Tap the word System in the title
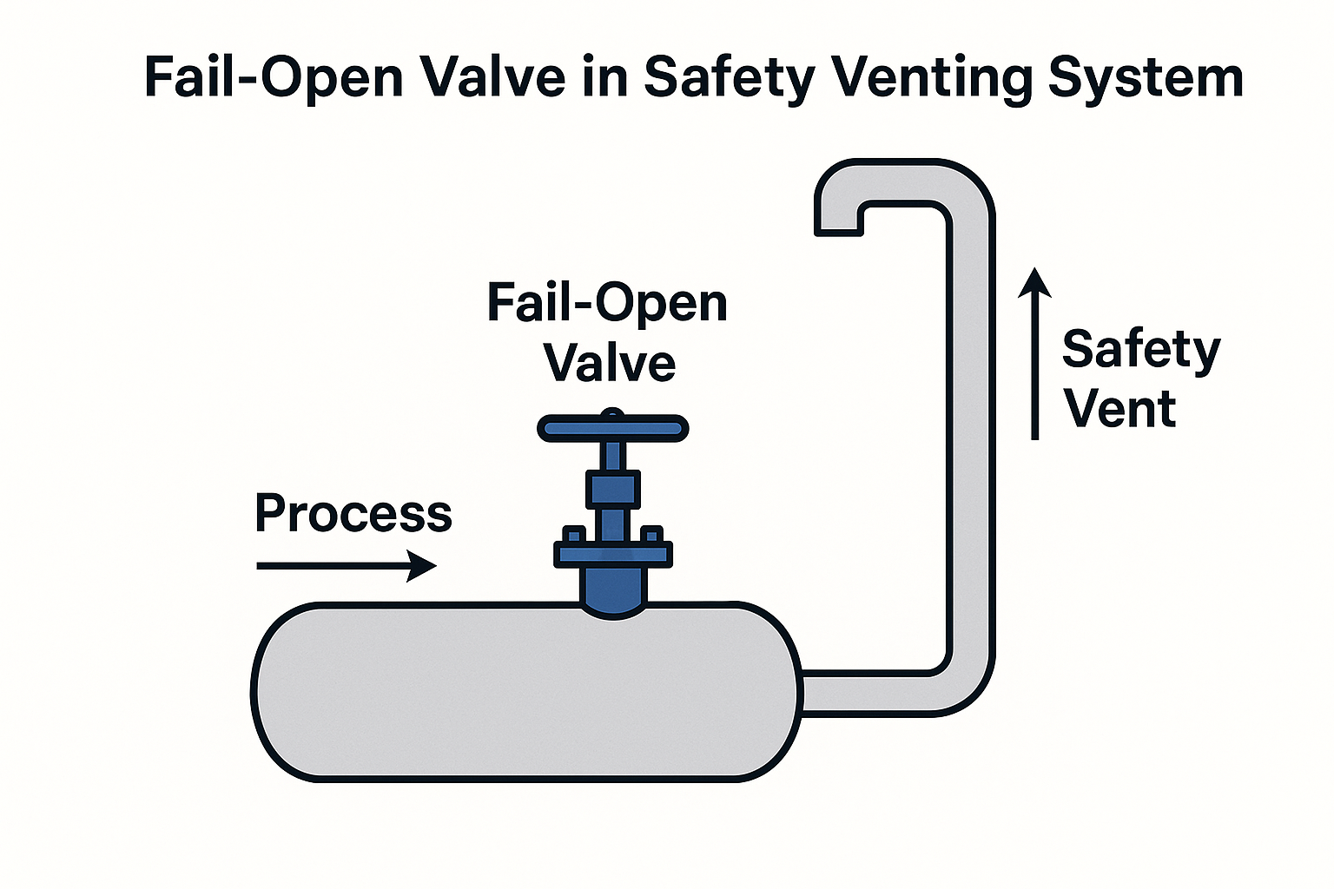[x=1146, y=78]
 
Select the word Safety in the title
[x=729, y=78]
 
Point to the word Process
[x=353, y=513]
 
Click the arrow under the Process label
[x=347, y=566]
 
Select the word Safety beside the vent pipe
[x=1141, y=350]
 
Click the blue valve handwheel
[x=613, y=428]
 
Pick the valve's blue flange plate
[x=613, y=554]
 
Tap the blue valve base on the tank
[x=613, y=591]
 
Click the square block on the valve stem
[x=613, y=490]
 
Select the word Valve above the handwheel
[x=610, y=363]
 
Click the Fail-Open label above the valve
[x=607, y=303]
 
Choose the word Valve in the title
[x=492, y=78]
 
